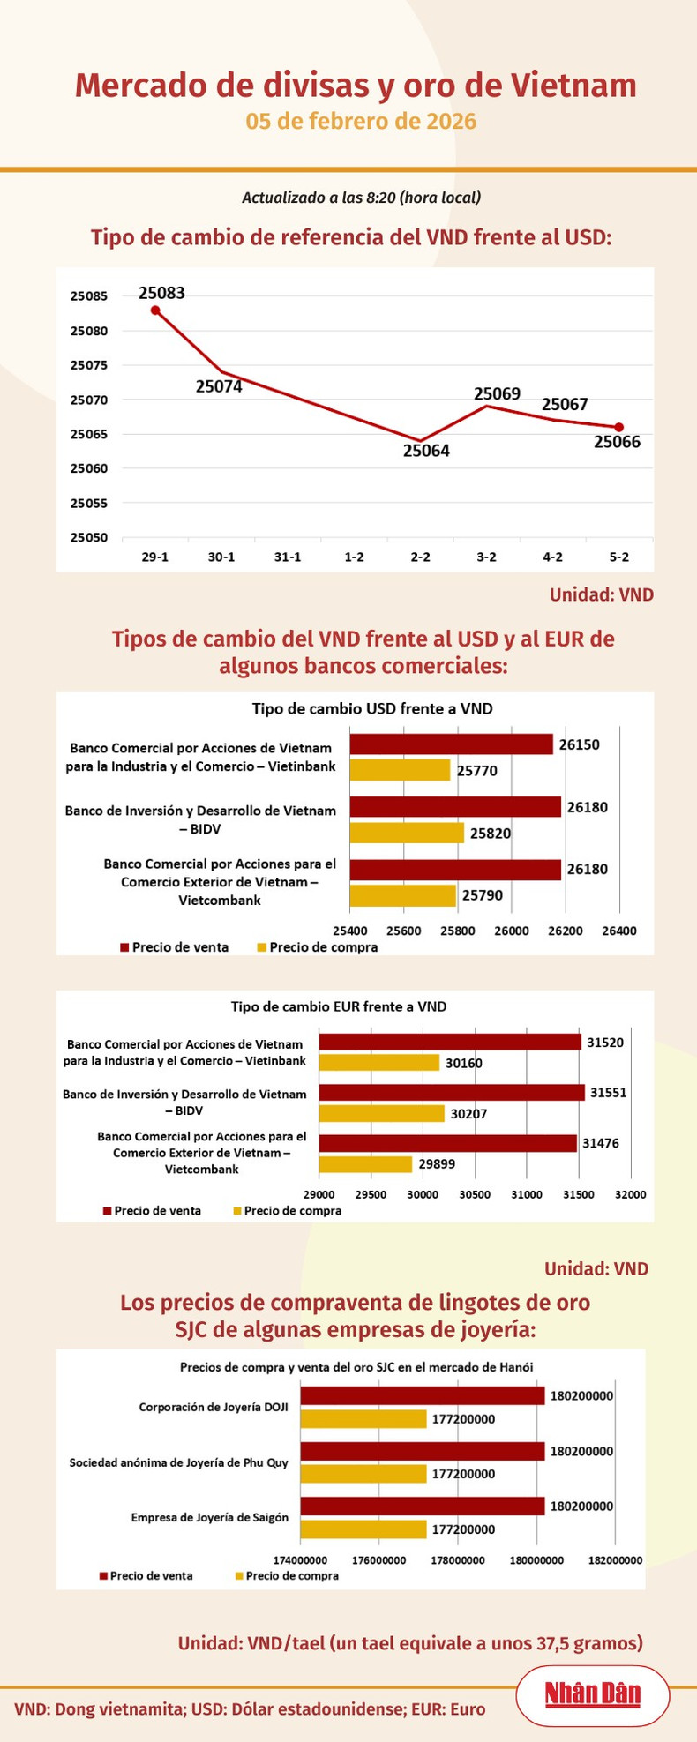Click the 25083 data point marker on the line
coord(155,310)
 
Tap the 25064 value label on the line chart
coord(426,452)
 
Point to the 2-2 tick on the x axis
coord(421,557)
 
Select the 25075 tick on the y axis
coord(88,365)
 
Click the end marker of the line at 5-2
coord(619,428)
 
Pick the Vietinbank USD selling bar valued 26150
coord(451,744)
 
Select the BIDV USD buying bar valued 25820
coord(407,833)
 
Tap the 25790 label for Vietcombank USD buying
coord(483,895)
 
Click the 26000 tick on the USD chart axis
coord(512,931)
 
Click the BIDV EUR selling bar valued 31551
coord(452,1092)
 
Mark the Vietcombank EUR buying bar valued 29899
coord(365,1164)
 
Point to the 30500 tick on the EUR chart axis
coord(475,1194)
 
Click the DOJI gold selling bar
coord(423,1396)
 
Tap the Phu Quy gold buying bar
coord(363,1474)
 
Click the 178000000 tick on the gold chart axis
coord(457,1560)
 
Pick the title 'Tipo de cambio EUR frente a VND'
coord(339,1006)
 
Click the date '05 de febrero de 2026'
coord(361,122)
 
